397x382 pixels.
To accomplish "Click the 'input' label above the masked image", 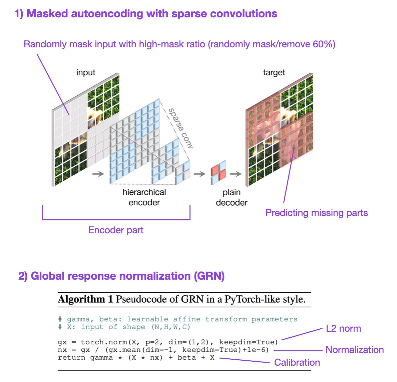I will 86,72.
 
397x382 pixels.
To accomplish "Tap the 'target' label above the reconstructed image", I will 274,72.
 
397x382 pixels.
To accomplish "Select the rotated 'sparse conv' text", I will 180,128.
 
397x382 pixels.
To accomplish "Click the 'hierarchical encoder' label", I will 144,197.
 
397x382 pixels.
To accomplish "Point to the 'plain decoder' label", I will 232,197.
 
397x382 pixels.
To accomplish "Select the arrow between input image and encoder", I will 98,174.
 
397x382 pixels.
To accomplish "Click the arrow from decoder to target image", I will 236,174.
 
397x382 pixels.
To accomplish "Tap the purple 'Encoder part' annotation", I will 116,230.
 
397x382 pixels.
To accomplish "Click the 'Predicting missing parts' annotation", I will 316,213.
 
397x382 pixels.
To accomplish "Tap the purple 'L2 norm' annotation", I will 343,328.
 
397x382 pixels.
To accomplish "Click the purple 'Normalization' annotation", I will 354,350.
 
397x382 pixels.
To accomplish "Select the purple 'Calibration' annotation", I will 297,362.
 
